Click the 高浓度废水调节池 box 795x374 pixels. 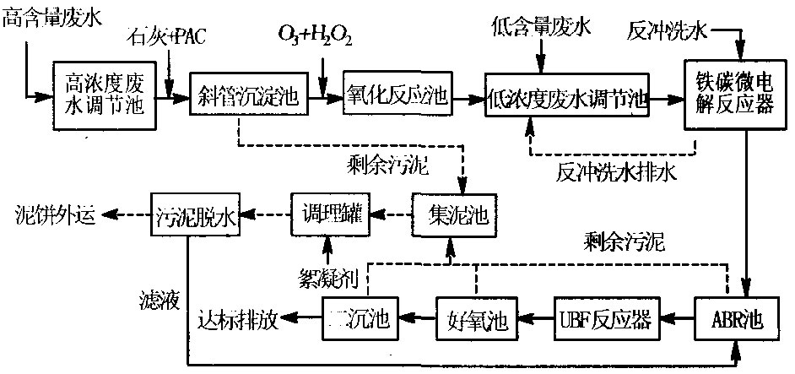coord(105,95)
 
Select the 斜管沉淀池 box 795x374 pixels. coord(245,95)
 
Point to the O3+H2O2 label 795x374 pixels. coord(315,36)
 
